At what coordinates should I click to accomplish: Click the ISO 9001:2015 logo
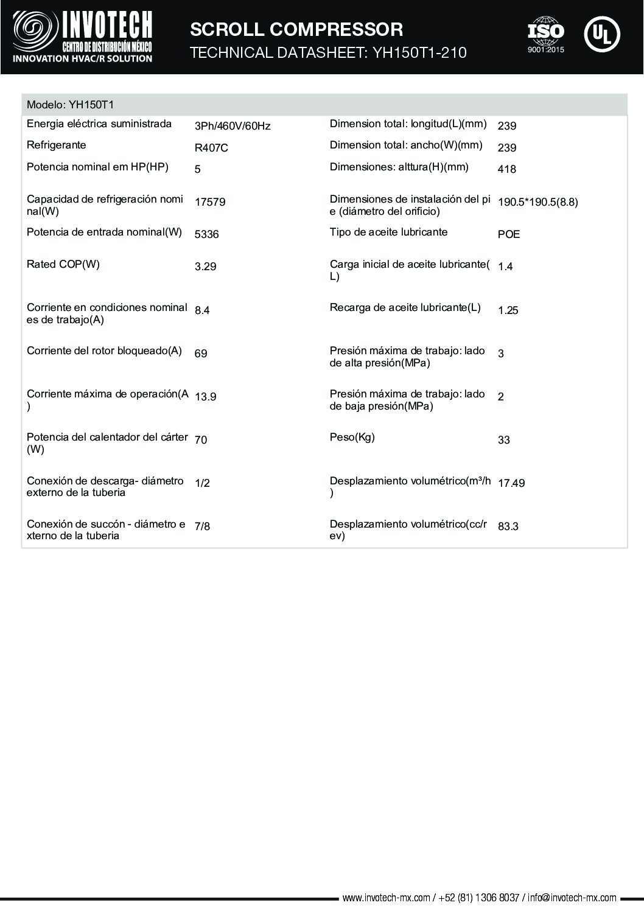point(545,34)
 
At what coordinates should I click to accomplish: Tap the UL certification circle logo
point(601,34)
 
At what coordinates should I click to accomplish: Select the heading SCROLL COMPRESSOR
point(296,29)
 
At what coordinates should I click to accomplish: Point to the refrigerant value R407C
point(211,148)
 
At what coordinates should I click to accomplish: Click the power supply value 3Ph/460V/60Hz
point(232,126)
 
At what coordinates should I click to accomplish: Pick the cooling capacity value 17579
point(210,202)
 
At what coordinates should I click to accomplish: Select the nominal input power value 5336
point(207,234)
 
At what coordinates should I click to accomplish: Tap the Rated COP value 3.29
point(206,267)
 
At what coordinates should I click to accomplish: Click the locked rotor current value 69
point(201,354)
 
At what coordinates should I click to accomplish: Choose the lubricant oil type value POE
point(509,234)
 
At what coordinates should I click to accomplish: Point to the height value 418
point(507,169)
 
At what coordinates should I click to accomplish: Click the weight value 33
point(504,440)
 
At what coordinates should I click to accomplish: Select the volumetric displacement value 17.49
point(511,483)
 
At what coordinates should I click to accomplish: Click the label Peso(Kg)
point(352,437)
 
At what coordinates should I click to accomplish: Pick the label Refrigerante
point(57,145)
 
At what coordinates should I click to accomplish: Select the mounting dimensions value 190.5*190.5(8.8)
point(538,202)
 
